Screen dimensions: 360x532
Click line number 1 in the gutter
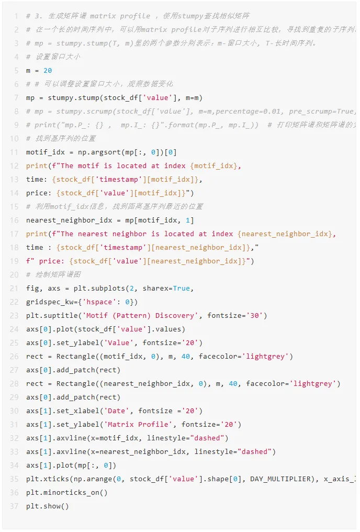pyautogui.click(x=16, y=16)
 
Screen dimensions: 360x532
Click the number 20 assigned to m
pyautogui.click(x=48, y=71)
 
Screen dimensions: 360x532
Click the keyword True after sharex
pyautogui.click(x=182, y=289)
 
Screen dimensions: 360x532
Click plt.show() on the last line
pyautogui.click(x=48, y=506)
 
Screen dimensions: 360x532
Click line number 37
pyautogui.click(x=14, y=506)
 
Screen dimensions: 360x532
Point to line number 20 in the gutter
pyautogui.click(x=14, y=275)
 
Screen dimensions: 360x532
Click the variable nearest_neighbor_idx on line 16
pyautogui.click(x=66, y=220)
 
